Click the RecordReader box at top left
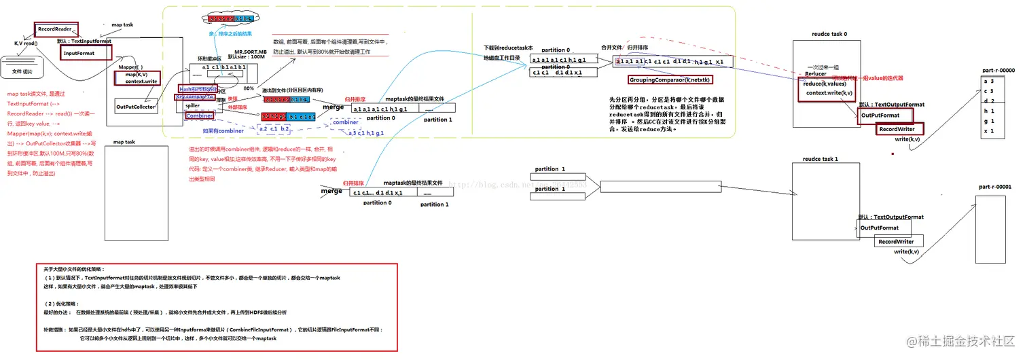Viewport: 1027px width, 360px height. click(x=56, y=30)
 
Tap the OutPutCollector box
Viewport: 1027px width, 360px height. click(x=136, y=107)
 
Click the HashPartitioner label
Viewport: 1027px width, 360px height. click(x=198, y=89)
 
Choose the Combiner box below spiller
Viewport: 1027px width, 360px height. click(x=200, y=116)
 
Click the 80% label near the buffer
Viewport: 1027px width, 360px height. click(x=249, y=88)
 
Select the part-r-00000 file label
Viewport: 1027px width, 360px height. click(x=997, y=70)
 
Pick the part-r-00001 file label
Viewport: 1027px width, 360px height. click(x=996, y=185)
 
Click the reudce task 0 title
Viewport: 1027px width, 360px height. click(x=829, y=33)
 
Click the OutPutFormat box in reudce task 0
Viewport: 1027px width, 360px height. click(x=880, y=115)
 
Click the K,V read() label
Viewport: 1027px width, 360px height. click(x=26, y=43)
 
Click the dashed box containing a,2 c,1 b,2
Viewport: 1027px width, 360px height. click(x=275, y=128)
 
